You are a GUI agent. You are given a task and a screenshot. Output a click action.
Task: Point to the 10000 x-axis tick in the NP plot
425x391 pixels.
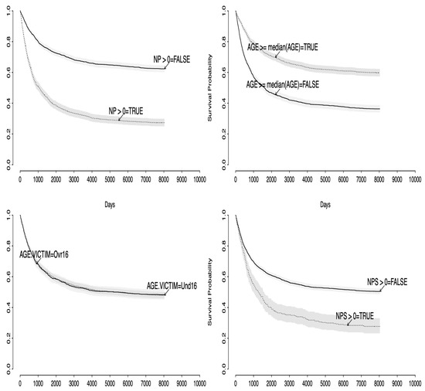click(199, 178)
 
